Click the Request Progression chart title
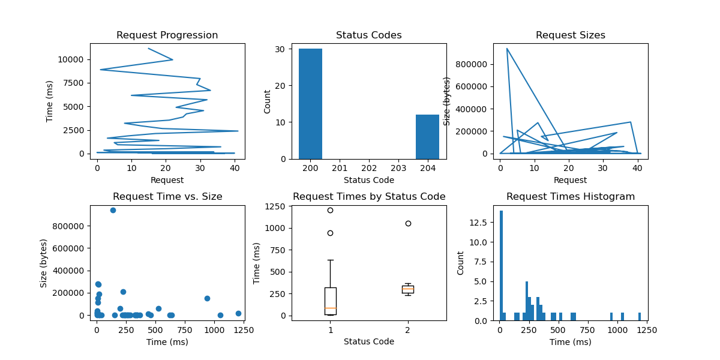[167, 35]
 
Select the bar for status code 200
[310, 103]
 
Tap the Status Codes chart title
[368, 35]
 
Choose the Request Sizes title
[570, 35]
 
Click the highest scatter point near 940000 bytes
[113, 210]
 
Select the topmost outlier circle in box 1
[330, 210]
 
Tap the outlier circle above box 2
[408, 223]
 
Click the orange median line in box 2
[408, 289]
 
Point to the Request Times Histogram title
[570, 197]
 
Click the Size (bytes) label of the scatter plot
[44, 263]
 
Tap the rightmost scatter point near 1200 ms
[238, 313]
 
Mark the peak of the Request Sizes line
[507, 49]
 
